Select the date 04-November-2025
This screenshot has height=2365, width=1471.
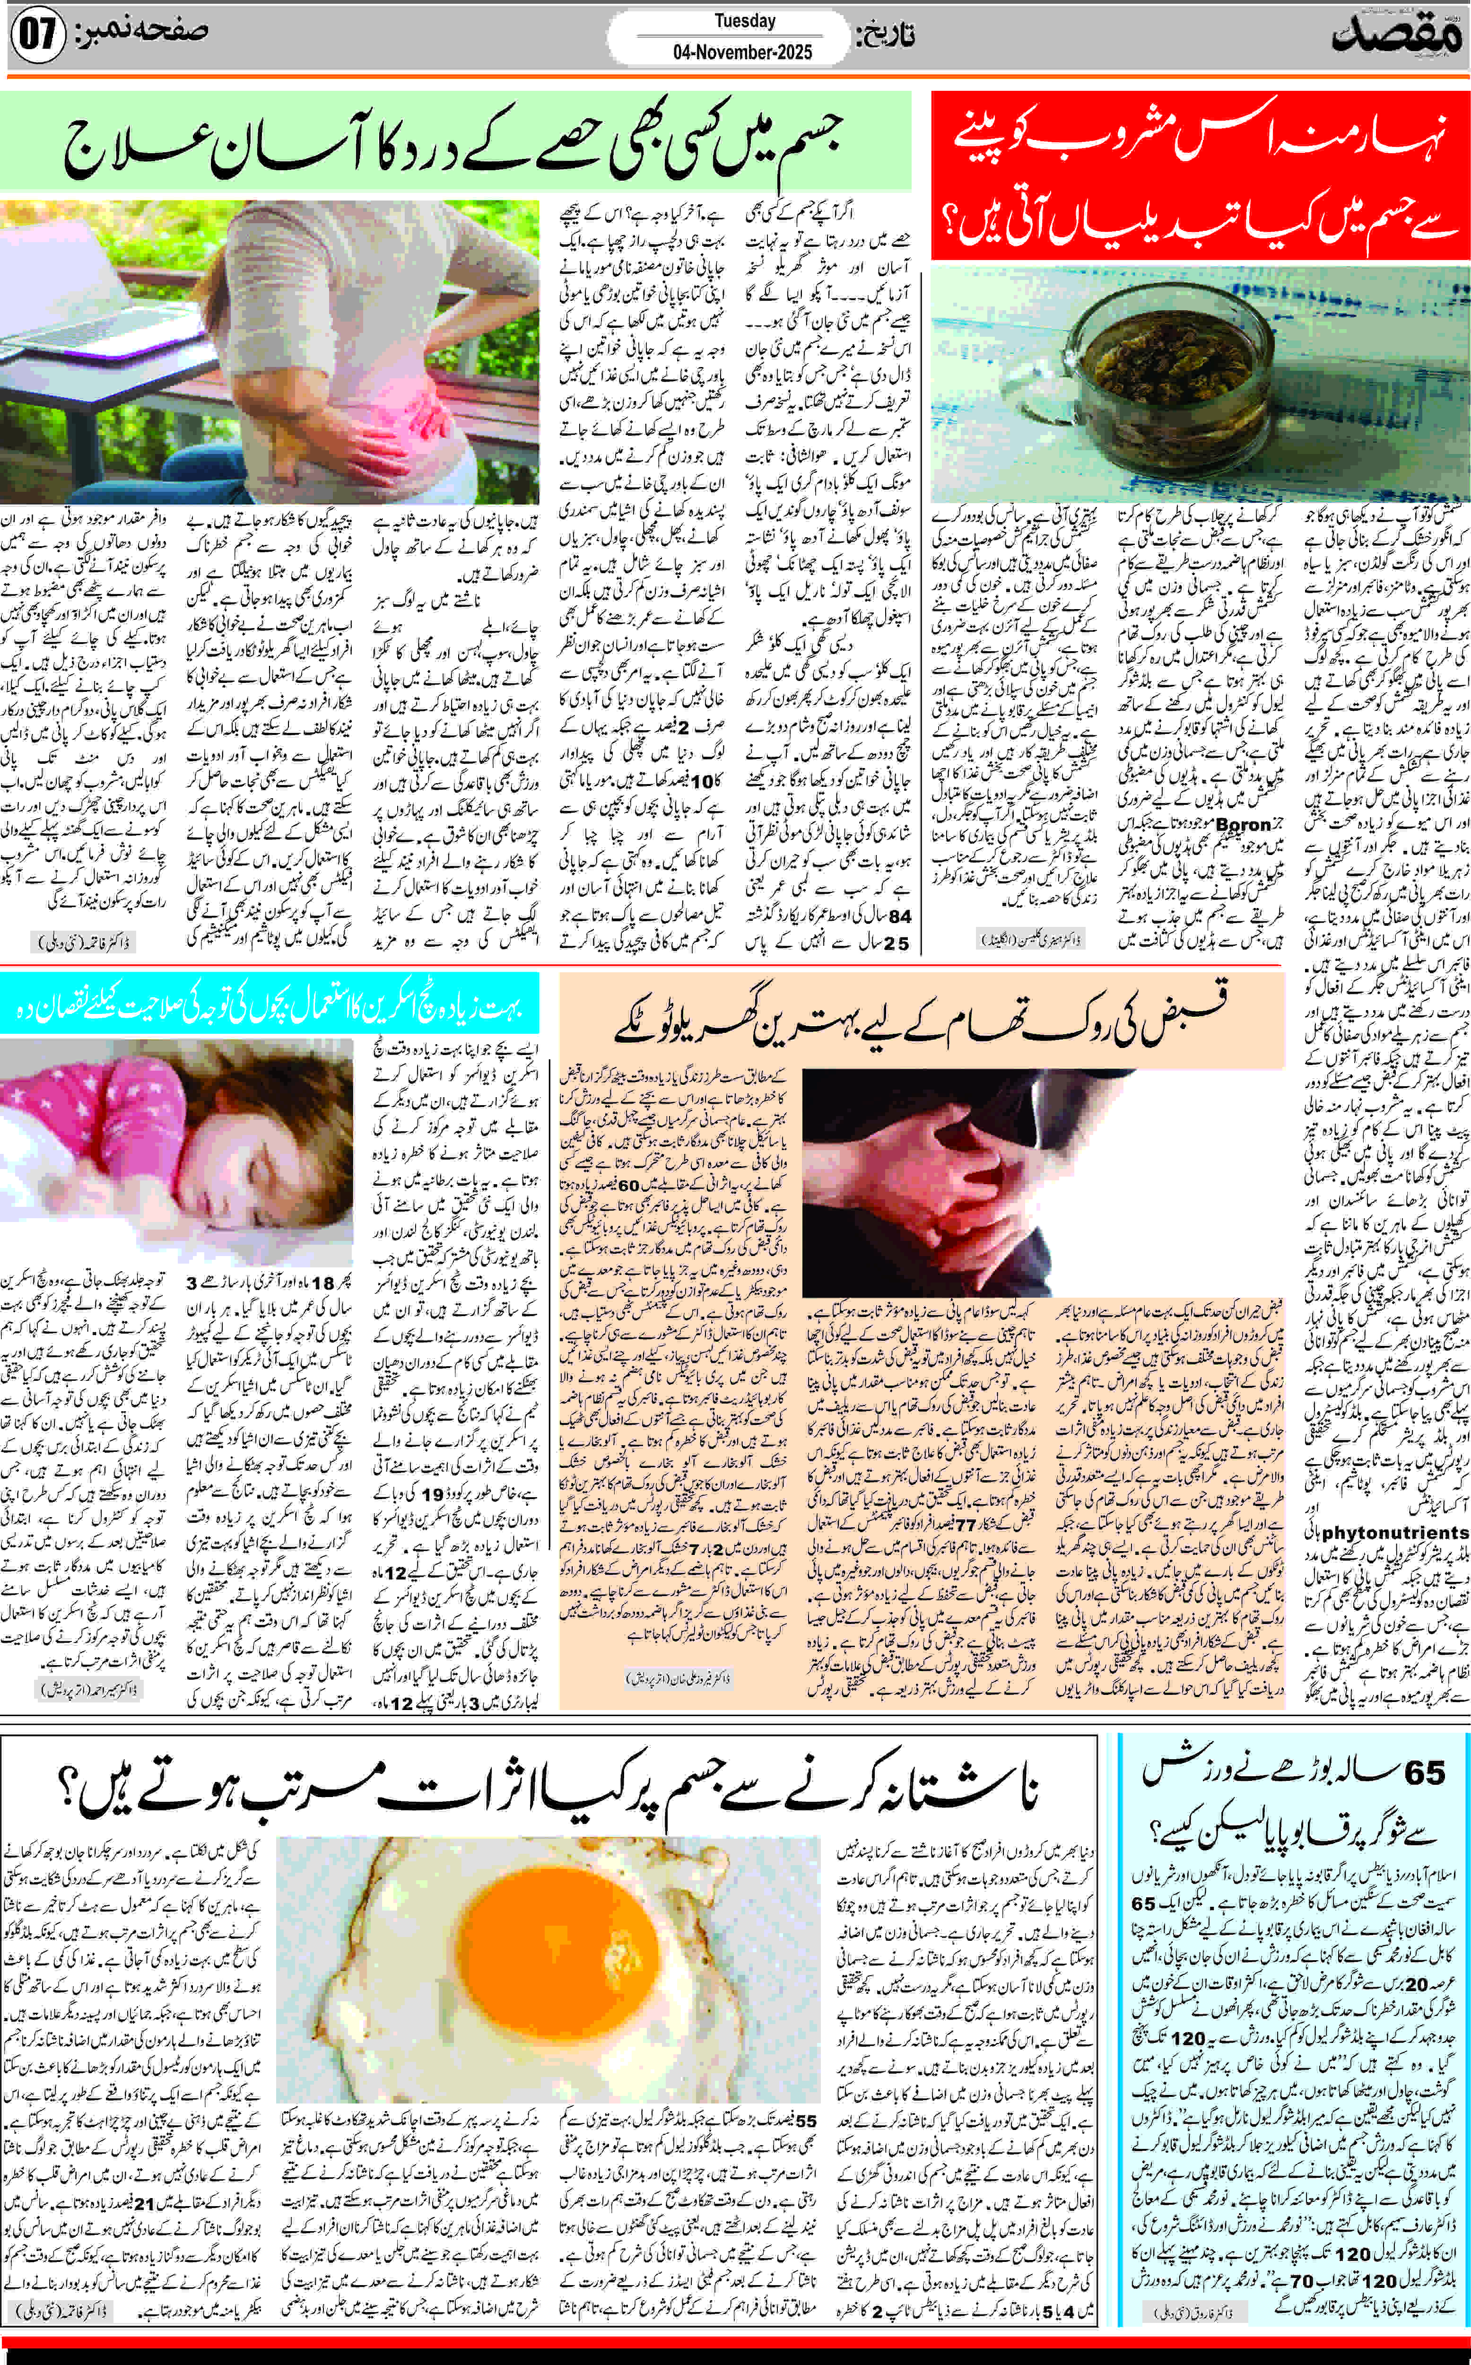tap(742, 52)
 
